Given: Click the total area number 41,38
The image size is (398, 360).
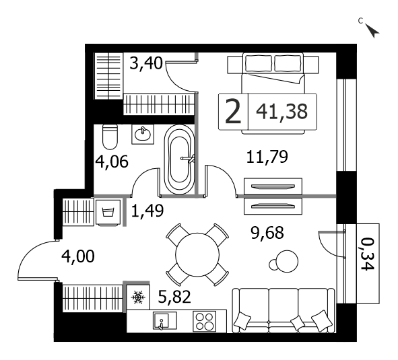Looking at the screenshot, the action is coord(281,112).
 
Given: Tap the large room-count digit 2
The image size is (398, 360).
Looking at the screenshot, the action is coord(233,112).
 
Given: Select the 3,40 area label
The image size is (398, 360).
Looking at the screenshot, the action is coord(145,63).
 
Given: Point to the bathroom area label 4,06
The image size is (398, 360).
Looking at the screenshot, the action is coord(112,161).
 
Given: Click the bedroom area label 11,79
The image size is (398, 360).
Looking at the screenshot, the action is coord(267,157).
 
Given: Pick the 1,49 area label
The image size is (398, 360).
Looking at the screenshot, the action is coord(147,211).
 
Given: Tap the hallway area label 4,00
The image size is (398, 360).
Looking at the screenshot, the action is coord(78,256).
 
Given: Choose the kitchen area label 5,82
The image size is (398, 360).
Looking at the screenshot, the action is coord(174,297).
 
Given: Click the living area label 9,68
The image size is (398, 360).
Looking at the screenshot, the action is coord(267,233).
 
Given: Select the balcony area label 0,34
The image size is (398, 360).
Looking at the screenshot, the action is coord(368,254).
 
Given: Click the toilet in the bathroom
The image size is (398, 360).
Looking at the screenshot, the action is coord(110,137).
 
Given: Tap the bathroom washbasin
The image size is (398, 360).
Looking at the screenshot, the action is coord(143,134).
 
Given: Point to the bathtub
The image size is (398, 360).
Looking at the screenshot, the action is coord(179,160).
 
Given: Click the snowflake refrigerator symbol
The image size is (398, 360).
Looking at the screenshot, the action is coord(138,297).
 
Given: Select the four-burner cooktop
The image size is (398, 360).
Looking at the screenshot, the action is coord(204,321).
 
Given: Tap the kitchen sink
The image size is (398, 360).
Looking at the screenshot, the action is coord(161,321).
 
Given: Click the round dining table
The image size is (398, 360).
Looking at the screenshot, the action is coord(197,254).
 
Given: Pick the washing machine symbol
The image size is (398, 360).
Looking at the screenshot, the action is coord(108,213).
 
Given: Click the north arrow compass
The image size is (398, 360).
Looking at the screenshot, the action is coord(372,31).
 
